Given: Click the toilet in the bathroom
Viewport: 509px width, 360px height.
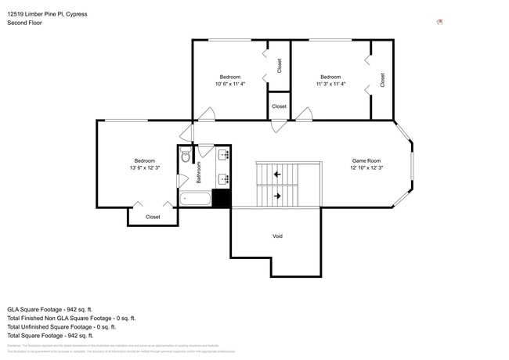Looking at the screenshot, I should [x=185, y=156].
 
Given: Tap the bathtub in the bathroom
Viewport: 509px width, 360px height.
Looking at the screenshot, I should [x=195, y=199].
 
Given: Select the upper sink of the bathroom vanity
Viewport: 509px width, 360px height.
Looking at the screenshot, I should [x=225, y=153].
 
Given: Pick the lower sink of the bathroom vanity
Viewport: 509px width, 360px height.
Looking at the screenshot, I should [x=225, y=179].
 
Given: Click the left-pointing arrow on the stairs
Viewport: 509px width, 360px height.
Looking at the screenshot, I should [x=278, y=175].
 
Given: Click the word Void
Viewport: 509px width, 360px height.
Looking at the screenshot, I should [x=277, y=236].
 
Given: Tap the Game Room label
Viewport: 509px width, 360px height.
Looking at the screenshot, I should [x=365, y=160].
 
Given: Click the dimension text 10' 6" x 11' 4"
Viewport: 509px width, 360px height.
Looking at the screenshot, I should [x=230, y=84].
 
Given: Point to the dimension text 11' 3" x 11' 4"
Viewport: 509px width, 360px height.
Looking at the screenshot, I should [x=330, y=84].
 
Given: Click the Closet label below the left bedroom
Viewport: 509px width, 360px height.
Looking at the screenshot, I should [x=153, y=217].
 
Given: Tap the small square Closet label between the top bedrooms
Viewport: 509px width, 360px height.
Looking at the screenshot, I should [x=279, y=106].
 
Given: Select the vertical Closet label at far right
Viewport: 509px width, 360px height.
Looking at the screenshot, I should [x=382, y=79].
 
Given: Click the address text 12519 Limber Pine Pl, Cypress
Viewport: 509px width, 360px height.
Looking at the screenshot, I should [x=48, y=14].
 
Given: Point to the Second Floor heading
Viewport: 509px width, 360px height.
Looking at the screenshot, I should [x=24, y=23].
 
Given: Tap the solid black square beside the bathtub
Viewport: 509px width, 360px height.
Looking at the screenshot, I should [x=222, y=198].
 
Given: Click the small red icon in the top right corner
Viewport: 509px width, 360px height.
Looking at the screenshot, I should [x=440, y=22].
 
